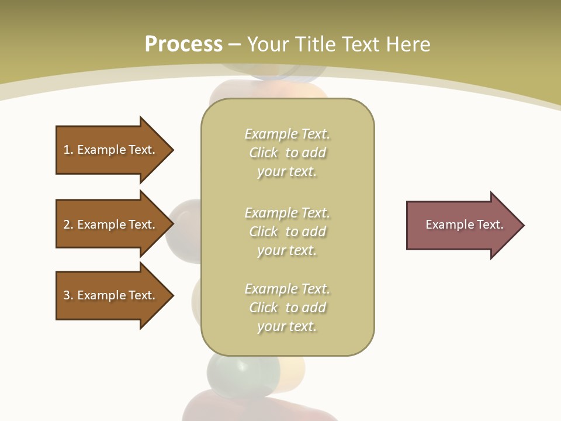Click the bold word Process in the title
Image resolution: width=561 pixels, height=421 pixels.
[x=183, y=44]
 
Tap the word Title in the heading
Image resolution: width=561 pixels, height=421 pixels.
[x=314, y=44]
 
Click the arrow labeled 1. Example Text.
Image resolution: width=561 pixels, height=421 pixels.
[x=111, y=150]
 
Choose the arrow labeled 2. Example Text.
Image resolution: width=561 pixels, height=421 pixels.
[x=111, y=225]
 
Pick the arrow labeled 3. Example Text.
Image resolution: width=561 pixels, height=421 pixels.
[x=111, y=295]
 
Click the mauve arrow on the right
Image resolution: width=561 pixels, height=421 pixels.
[x=462, y=225]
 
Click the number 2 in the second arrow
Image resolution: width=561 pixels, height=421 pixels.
[x=67, y=225]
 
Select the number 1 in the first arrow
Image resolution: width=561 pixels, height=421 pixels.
[x=67, y=150]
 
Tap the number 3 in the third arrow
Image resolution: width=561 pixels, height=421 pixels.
[x=67, y=295]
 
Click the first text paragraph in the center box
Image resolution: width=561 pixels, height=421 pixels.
[x=287, y=153]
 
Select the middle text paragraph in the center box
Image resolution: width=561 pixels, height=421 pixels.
[x=287, y=232]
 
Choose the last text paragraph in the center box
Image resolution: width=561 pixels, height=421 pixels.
[x=287, y=308]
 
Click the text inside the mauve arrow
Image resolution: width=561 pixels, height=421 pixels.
[x=464, y=225]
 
